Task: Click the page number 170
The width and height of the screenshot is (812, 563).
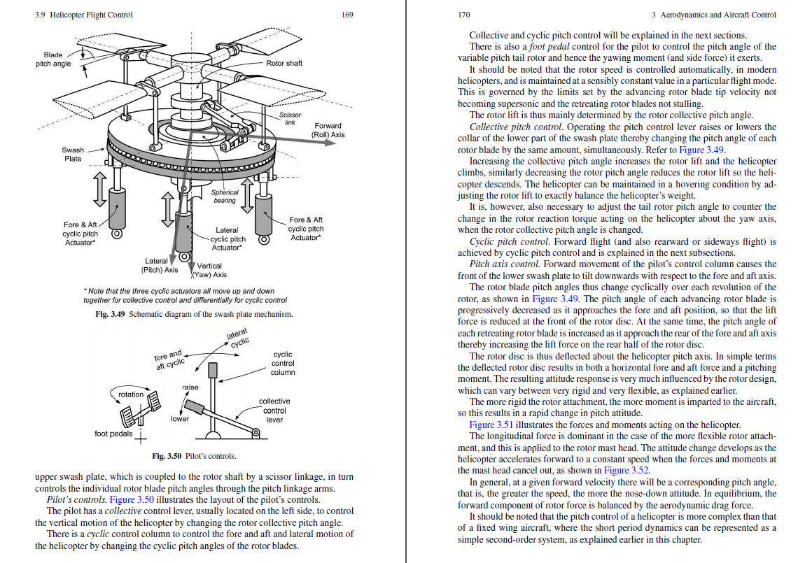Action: pyautogui.click(x=464, y=15)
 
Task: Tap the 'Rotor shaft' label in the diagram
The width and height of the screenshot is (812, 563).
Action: pyautogui.click(x=284, y=63)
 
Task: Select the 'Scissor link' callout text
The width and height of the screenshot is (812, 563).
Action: pyautogui.click(x=290, y=119)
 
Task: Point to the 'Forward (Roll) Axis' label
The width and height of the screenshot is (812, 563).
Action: pyautogui.click(x=328, y=131)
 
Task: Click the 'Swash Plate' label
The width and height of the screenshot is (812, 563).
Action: pyautogui.click(x=73, y=155)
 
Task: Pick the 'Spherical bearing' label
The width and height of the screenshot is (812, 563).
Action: pyautogui.click(x=225, y=197)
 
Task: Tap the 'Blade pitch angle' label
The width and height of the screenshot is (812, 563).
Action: pyautogui.click(x=53, y=59)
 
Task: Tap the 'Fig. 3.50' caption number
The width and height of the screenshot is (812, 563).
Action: pyautogui.click(x=167, y=456)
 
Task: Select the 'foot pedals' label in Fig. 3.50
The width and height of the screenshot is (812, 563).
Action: pyautogui.click(x=113, y=434)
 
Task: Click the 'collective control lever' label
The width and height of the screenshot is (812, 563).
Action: pyautogui.click(x=274, y=411)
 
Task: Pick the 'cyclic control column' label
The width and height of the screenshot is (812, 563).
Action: pyautogui.click(x=283, y=363)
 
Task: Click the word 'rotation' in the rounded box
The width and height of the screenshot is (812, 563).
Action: pyautogui.click(x=131, y=394)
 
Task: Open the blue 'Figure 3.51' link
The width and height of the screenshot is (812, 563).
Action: pyautogui.click(x=491, y=425)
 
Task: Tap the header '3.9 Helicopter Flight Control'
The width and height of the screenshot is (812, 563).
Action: pyautogui.click(x=83, y=15)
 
